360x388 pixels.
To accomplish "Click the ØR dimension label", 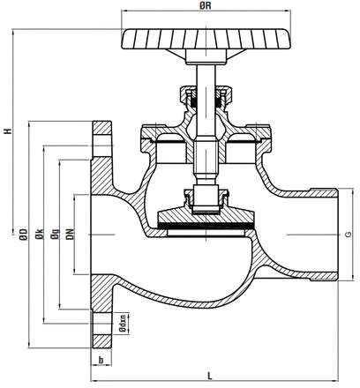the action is pos(206,6).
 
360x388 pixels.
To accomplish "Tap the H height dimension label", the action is pos(9,131).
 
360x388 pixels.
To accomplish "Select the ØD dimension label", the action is pos(24,235).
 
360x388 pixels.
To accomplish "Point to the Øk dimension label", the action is pos(39,234).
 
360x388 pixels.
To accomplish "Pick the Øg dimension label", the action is pos(55,234).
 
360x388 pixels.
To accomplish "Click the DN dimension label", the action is pos(70,234).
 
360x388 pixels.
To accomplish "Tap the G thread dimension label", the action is pos(348,235).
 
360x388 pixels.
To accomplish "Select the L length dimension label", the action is pos(210,376).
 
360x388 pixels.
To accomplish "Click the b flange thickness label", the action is pos(101,360).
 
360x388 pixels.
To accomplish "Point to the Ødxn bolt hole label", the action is pos(124,324).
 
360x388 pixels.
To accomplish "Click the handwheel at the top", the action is pos(206,39).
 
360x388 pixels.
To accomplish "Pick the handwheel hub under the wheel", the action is pos(206,56).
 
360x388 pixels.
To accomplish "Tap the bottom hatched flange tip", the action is pos(102,341).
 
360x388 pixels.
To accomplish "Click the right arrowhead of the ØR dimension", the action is pos(288,11).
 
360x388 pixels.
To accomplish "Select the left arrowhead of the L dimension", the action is pos(94,381).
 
